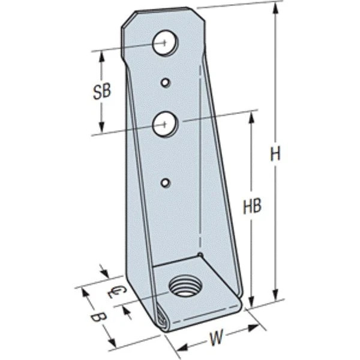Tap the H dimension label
point(275,154)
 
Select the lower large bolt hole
point(163,125)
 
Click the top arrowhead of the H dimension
point(275,7)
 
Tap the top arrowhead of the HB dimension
point(251,115)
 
